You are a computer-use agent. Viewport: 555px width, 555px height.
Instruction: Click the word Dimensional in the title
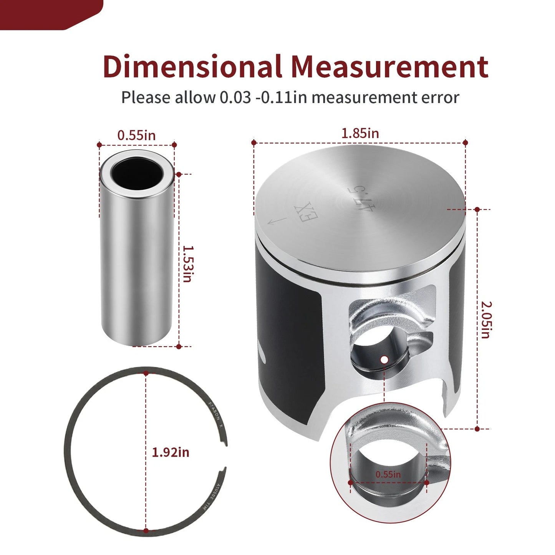[192, 67]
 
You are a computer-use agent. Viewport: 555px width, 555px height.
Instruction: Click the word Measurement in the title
[389, 67]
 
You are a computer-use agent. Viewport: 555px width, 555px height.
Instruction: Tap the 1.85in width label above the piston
[360, 133]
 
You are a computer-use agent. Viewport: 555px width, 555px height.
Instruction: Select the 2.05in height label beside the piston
[486, 320]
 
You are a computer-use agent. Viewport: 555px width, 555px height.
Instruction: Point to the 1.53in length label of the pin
[187, 264]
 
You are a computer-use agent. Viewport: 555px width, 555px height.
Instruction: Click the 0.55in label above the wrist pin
[136, 135]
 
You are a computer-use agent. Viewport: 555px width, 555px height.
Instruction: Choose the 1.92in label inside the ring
[171, 452]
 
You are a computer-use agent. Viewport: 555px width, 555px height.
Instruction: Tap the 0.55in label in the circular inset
[388, 474]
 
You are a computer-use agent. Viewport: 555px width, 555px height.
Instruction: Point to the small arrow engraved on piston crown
[277, 221]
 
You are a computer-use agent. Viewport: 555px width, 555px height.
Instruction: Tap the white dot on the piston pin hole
[384, 360]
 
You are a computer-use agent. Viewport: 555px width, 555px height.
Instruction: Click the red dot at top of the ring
[146, 373]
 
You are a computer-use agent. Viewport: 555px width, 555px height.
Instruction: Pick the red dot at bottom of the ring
[146, 531]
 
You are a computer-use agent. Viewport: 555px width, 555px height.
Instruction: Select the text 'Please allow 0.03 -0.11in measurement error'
[290, 98]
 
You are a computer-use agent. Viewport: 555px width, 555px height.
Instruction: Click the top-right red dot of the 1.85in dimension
[466, 142]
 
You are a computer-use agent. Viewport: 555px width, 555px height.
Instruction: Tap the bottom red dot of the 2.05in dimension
[477, 429]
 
